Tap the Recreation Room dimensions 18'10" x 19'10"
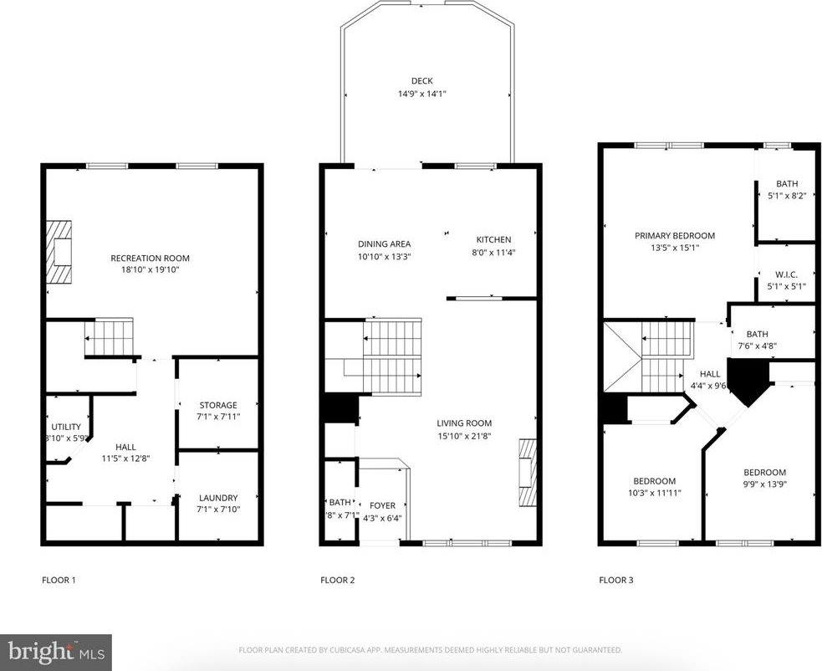click(x=151, y=270)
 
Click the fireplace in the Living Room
click(x=525, y=473)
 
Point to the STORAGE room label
click(x=217, y=406)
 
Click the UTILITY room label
click(x=66, y=428)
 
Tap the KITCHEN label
click(x=493, y=240)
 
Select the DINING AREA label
click(x=384, y=244)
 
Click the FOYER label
click(x=382, y=505)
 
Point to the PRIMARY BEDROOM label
click(x=674, y=236)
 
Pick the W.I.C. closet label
click(x=786, y=274)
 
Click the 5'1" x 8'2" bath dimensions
click(x=786, y=197)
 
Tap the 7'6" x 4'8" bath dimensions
click(x=757, y=346)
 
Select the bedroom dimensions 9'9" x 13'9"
click(x=764, y=484)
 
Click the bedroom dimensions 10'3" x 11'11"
click(x=654, y=493)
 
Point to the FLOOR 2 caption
click(x=338, y=580)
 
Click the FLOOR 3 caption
click(x=616, y=580)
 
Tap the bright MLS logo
click(x=56, y=652)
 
